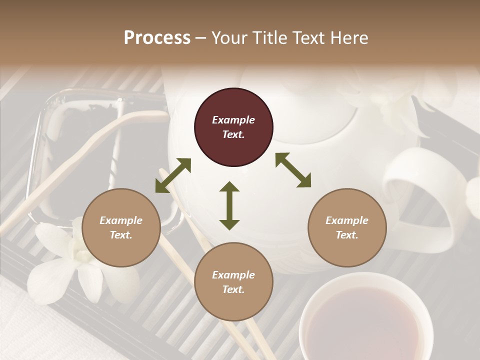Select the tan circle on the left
(121, 227)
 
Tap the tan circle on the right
(347, 227)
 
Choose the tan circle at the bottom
(233, 281)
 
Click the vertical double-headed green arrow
(229, 205)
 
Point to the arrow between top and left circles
(173, 175)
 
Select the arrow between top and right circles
(293, 170)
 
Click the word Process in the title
(157, 37)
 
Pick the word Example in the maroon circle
(233, 120)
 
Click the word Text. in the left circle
(121, 235)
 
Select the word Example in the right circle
(347, 220)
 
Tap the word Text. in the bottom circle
(233, 289)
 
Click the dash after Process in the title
(201, 38)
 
